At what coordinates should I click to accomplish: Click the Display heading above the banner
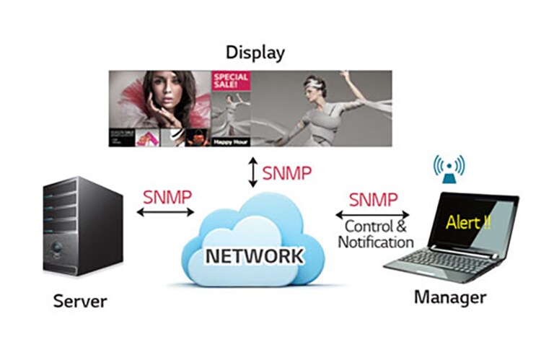pyautogui.click(x=255, y=53)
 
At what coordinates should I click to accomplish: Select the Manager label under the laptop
pyautogui.click(x=450, y=297)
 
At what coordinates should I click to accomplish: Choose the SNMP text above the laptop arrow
pyautogui.click(x=373, y=199)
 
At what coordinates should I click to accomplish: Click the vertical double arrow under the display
pyautogui.click(x=252, y=173)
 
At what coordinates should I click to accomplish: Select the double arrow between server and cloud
pyautogui.click(x=167, y=212)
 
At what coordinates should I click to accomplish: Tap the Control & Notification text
pyautogui.click(x=375, y=234)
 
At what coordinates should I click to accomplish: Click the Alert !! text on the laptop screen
pyautogui.click(x=469, y=221)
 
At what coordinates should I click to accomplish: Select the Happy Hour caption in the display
pyautogui.click(x=229, y=142)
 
